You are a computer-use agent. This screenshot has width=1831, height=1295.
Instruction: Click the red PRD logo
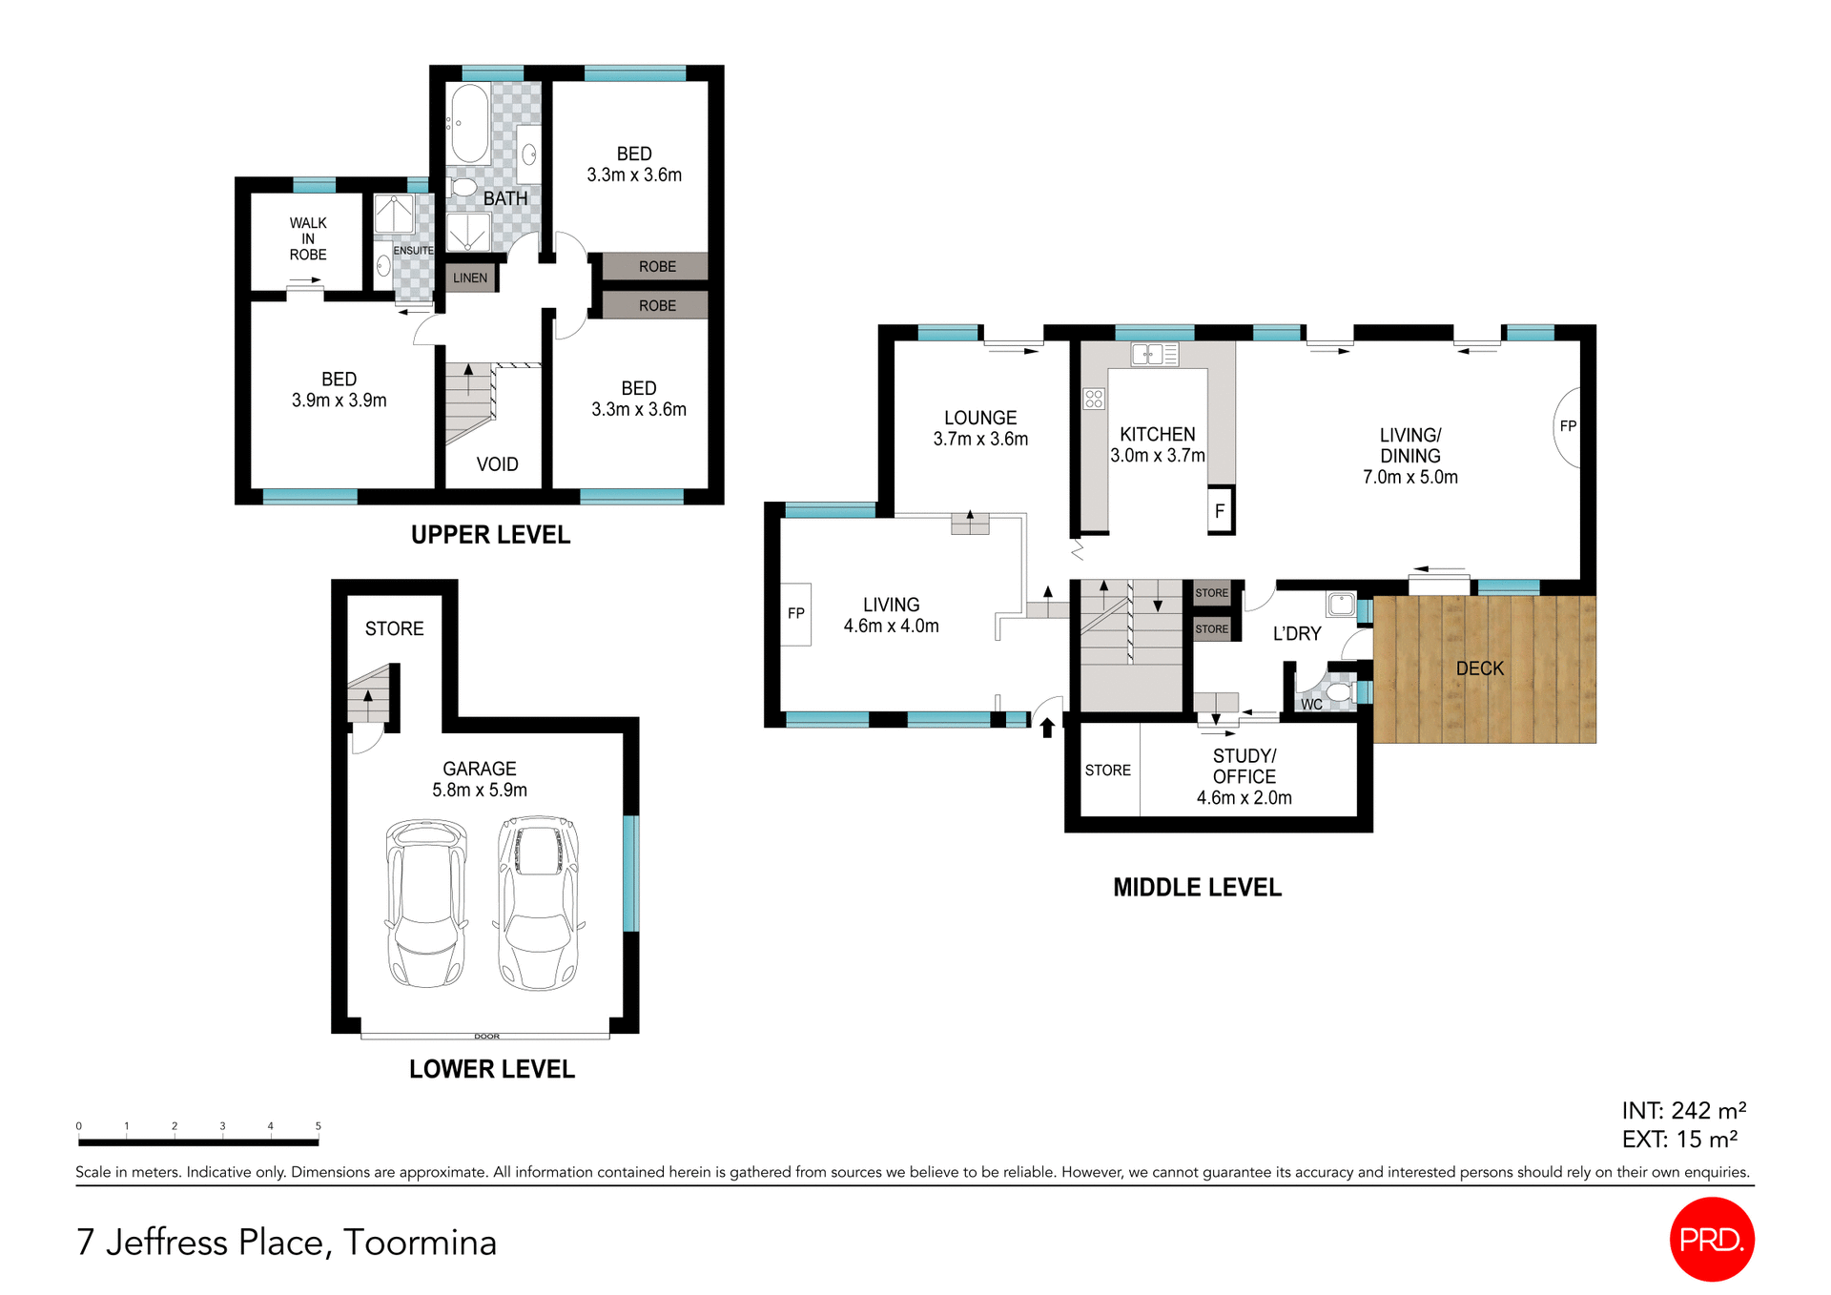[1712, 1239]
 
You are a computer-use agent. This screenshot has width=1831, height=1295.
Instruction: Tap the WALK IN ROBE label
[308, 238]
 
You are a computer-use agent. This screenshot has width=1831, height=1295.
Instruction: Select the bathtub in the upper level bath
[469, 124]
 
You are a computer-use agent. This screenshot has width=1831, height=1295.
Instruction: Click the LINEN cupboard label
[470, 277]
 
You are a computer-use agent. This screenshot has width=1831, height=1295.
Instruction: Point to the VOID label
[497, 464]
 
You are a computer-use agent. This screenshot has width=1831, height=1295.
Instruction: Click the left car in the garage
[426, 903]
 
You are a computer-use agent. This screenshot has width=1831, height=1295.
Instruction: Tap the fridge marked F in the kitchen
[1220, 510]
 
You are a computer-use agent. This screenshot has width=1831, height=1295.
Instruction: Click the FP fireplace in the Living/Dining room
[1568, 426]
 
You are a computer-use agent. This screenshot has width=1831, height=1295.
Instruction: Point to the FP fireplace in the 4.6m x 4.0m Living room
[796, 613]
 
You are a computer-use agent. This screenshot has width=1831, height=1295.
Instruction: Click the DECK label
[1479, 668]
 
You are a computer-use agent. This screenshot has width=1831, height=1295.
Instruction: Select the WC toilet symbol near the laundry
[1338, 691]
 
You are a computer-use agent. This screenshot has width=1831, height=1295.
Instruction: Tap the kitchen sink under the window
[1154, 355]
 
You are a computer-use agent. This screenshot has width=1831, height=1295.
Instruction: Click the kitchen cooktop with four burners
[1094, 399]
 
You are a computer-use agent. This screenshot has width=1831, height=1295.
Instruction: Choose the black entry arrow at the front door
[1047, 728]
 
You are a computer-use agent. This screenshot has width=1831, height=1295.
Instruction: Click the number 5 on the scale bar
[319, 1126]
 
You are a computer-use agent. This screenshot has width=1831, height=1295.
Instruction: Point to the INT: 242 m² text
[1683, 1111]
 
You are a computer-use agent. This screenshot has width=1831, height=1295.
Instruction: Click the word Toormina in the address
[420, 1243]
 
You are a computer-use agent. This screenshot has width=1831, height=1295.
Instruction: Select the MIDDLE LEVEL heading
[1197, 888]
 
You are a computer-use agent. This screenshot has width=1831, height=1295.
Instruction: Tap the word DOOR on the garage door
[486, 1037]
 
